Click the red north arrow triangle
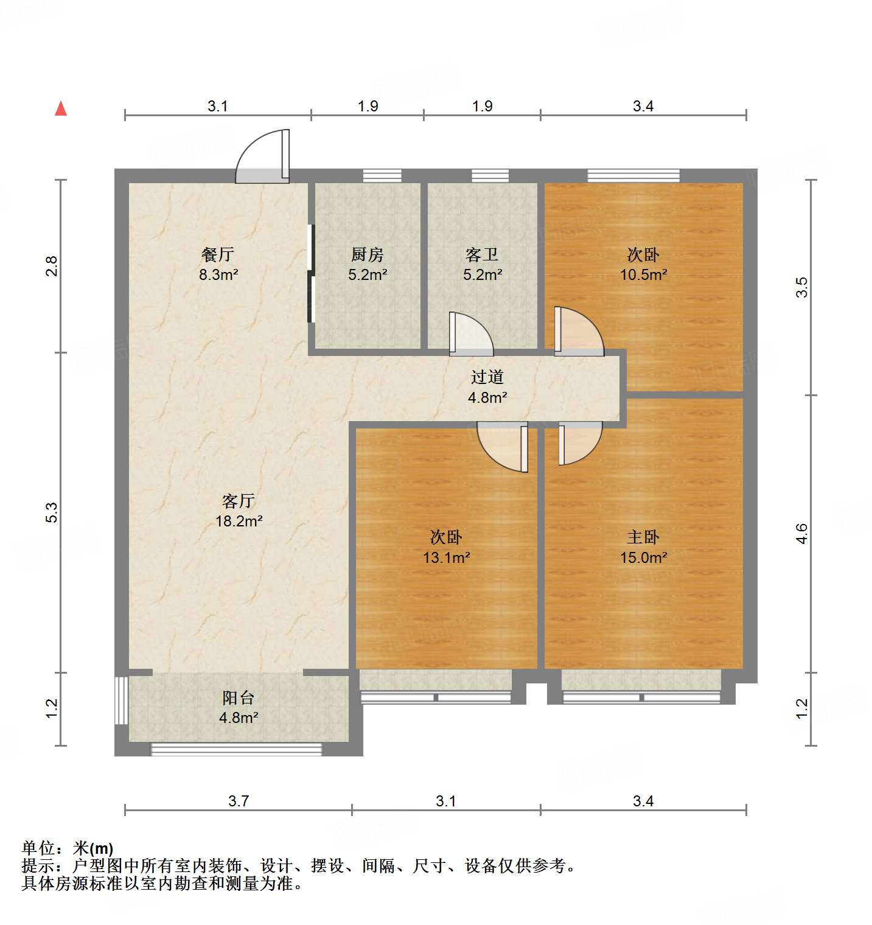pos(61,109)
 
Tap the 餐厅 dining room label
pos(217,254)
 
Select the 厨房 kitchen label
pos(368,254)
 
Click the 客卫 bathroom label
pos(482,254)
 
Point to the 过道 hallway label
pos(487,377)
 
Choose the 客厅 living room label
pos(238,501)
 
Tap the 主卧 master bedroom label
pos(643,537)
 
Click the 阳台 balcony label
pos(238,697)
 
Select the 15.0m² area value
pos(643,557)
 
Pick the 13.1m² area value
pos(446,557)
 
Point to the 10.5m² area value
pos(643,274)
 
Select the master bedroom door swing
pos(579,442)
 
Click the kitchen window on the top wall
pos(382,176)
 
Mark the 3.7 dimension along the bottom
pos(239,801)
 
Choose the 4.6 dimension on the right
pos(801,534)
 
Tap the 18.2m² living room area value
pos(239,522)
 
